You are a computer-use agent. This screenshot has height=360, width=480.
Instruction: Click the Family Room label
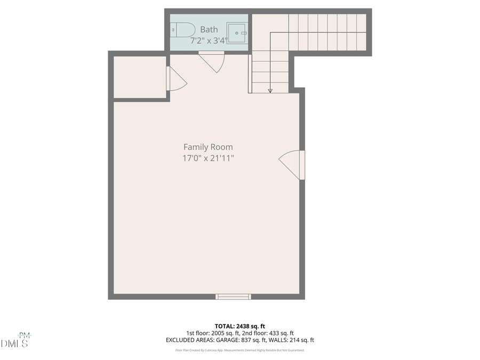pos(208,147)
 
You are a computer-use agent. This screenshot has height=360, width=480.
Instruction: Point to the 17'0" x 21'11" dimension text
pos(208,158)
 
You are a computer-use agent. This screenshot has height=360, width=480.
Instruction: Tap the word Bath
pos(209,30)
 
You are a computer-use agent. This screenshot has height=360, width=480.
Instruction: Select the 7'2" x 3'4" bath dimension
pos(209,41)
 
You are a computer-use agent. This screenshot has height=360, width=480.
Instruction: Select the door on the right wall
pos(292,164)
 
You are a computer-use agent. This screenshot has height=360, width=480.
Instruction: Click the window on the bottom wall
pos(233,297)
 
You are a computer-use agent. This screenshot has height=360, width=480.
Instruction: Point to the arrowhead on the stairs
pos(270,91)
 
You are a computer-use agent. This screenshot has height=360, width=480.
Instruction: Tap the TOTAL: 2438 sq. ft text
pos(239,326)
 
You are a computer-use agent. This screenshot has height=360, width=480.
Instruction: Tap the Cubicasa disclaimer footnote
pos(239,350)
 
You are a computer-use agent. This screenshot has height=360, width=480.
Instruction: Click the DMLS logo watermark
pos(15,341)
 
